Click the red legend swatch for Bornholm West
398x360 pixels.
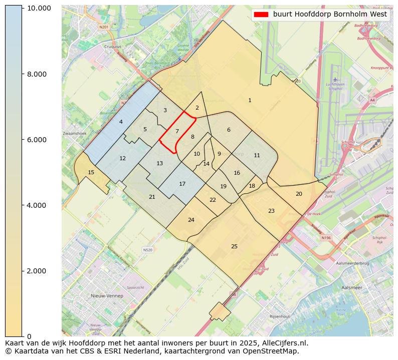point(261,15)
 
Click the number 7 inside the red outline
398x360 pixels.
point(177,131)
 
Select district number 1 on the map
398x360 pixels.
point(250,101)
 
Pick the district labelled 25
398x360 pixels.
point(234,246)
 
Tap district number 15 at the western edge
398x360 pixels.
point(91,172)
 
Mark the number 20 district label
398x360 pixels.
point(299,194)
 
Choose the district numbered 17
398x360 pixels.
point(182,184)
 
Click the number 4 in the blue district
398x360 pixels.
point(121,122)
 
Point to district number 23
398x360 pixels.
point(271,211)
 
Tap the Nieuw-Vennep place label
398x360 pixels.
point(107,296)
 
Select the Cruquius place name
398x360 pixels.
point(112,47)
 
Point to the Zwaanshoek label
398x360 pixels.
point(75,134)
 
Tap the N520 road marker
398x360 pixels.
point(147,250)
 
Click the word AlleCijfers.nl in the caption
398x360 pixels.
point(283,343)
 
